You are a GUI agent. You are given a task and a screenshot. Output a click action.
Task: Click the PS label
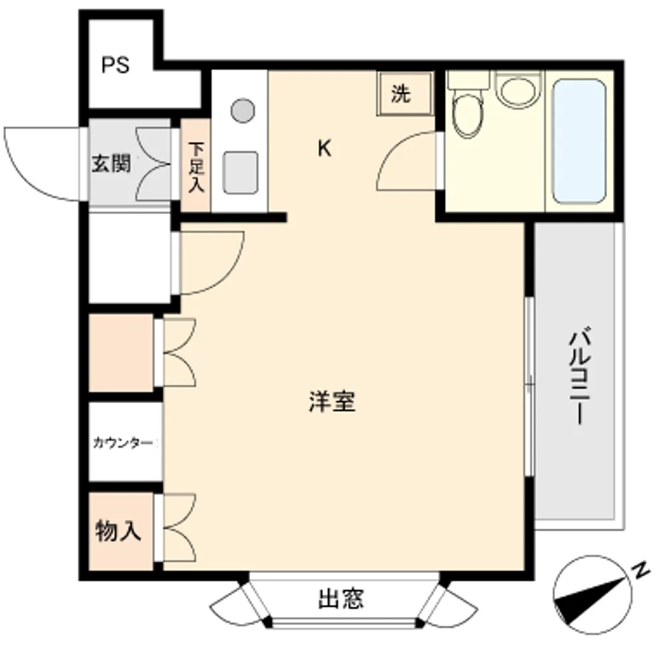[115, 65]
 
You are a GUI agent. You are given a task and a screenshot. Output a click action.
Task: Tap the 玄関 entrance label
[111, 163]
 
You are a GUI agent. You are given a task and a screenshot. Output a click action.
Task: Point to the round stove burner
[243, 110]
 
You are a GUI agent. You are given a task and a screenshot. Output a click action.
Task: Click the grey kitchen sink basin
[240, 173]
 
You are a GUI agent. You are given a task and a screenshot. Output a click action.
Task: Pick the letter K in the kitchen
[324, 149]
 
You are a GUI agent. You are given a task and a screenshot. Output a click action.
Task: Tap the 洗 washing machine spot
[400, 94]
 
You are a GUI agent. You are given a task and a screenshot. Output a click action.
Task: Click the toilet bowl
[467, 114]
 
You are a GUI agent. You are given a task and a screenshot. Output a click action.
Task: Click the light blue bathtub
[579, 141]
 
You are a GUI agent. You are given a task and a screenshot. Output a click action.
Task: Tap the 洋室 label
[332, 401]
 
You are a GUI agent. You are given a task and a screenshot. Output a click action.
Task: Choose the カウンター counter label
[123, 443]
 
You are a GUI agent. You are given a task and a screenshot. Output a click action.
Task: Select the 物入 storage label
[118, 531]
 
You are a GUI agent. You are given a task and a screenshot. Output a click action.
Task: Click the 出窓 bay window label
[341, 598]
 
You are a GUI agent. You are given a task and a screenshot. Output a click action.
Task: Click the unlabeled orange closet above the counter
[121, 353]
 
